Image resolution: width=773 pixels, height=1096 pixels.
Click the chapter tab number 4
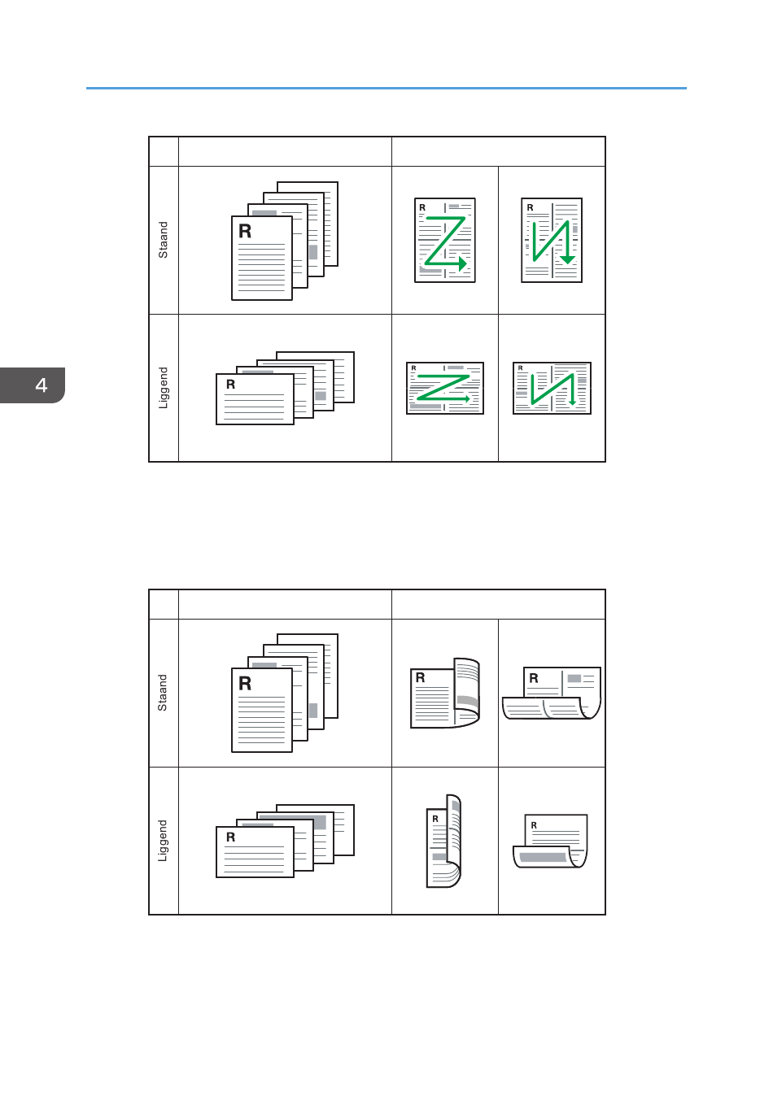[x=41, y=385]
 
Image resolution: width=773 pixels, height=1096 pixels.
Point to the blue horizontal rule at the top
[x=386, y=88]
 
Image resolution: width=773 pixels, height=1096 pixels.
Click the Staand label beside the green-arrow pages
[x=163, y=240]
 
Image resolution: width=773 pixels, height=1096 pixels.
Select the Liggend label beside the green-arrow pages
[x=163, y=388]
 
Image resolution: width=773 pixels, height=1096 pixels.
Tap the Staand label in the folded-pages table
[x=163, y=693]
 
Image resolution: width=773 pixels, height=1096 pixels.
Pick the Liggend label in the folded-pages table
[x=163, y=841]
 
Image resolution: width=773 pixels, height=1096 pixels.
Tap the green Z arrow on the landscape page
[x=443, y=388]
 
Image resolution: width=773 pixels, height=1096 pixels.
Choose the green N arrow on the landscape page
[x=552, y=389]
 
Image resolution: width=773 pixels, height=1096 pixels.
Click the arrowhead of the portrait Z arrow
[x=463, y=264]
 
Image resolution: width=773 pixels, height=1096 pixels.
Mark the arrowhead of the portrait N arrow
[x=567, y=259]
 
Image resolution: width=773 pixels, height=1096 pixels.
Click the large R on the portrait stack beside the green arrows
[x=245, y=231]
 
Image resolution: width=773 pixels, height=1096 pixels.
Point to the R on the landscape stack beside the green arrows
[x=230, y=385]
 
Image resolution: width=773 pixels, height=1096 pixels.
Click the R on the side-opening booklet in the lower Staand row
[x=420, y=677]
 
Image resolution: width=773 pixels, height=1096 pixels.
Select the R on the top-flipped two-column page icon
[x=534, y=678]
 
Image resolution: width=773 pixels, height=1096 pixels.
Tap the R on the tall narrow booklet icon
[x=435, y=819]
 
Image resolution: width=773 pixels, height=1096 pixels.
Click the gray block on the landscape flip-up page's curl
[x=543, y=857]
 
